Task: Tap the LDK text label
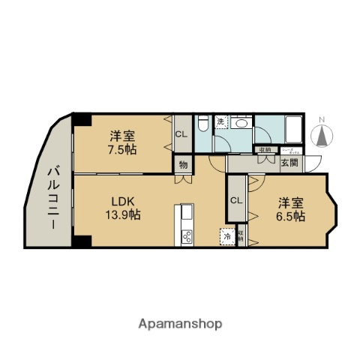point(124,202)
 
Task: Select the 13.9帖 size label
point(124,215)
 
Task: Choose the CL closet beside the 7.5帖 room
point(181,135)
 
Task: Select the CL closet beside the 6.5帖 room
point(236,199)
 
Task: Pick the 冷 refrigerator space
point(226,235)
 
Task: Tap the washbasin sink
point(241,124)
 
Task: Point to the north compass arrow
point(323,136)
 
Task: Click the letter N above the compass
point(323,119)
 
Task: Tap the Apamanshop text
point(180,324)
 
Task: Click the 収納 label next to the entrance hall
point(265,149)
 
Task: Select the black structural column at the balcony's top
point(81,119)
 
